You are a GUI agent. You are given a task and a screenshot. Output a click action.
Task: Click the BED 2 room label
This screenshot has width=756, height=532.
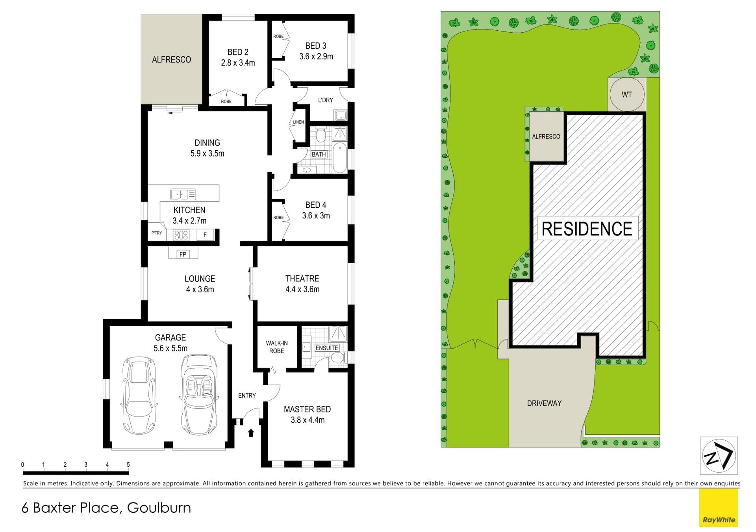(x=238, y=52)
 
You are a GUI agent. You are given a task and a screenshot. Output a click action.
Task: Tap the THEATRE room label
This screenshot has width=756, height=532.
(x=302, y=279)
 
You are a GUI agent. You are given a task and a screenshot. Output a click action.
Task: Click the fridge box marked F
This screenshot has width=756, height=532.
(x=205, y=235)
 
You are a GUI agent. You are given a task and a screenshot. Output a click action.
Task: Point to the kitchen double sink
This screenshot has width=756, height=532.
(x=183, y=194)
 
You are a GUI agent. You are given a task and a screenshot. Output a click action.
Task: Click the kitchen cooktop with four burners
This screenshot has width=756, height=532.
(x=181, y=235)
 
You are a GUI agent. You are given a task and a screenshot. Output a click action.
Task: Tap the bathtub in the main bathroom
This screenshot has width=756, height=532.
(x=340, y=158)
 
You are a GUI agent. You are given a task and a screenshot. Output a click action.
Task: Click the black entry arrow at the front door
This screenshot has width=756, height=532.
(x=251, y=433)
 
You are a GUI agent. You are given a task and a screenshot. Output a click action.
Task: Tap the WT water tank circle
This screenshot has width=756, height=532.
(x=627, y=94)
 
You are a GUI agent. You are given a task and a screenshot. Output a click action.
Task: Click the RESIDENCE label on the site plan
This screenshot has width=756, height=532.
(x=587, y=229)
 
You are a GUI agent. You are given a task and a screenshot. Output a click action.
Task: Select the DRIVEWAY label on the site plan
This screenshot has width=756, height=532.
(x=544, y=403)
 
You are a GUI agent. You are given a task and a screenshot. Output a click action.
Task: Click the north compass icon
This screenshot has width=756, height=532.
(x=719, y=456)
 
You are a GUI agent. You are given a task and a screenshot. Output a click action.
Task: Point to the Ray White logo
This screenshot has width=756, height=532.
(x=719, y=508)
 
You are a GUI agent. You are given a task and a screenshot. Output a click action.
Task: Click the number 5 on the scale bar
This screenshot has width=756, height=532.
(x=128, y=465)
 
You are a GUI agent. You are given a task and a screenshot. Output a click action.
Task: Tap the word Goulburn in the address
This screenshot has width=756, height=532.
(x=159, y=508)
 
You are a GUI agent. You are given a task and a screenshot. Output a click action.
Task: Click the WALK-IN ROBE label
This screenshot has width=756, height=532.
(x=277, y=347)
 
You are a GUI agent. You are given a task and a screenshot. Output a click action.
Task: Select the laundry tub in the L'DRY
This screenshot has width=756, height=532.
(x=340, y=115)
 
